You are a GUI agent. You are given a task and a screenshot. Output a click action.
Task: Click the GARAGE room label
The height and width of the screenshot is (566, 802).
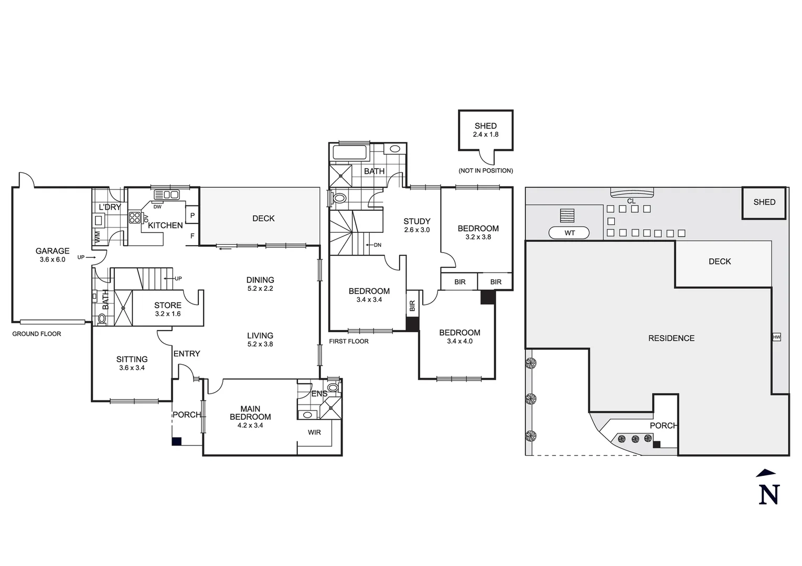coord(52,251)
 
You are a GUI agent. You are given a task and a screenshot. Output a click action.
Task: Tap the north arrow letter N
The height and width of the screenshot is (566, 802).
coord(769,495)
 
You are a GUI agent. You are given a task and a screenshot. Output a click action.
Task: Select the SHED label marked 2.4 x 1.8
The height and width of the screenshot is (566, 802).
coord(485,126)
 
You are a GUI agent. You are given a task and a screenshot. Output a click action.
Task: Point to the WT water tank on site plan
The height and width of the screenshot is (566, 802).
coord(569,233)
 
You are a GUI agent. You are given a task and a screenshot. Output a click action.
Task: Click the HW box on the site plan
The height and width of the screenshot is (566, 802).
coord(776,337)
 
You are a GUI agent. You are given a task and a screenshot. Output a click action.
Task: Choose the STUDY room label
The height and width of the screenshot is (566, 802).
coord(416,222)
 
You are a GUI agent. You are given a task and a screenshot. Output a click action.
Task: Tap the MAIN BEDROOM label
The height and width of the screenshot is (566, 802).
coord(250,413)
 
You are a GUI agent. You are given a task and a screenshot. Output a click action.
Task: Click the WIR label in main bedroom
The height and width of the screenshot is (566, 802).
coord(314,432)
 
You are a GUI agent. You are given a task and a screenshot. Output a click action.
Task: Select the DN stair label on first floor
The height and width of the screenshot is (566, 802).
coord(377,245)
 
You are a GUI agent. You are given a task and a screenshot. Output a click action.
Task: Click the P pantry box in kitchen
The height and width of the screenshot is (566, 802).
coord(193,215)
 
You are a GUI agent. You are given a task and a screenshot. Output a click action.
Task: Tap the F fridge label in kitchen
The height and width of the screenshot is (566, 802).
coord(193,236)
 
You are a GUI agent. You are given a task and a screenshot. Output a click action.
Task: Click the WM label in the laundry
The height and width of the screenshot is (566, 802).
coord(98,237)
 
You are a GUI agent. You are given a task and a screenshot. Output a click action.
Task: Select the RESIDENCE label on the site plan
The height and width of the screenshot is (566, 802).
coord(671,339)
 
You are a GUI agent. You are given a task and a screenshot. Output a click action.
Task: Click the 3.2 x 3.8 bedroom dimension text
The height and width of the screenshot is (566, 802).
coord(478,237)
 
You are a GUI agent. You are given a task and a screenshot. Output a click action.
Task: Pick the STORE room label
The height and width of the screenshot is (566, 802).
coord(167,306)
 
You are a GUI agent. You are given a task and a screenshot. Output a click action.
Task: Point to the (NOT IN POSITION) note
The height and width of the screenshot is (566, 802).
coord(485,171)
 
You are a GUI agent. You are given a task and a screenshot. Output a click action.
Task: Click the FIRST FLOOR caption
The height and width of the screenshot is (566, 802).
coord(349,341)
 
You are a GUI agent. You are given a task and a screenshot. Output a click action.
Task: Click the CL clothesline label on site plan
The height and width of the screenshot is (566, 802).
coord(631,201)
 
